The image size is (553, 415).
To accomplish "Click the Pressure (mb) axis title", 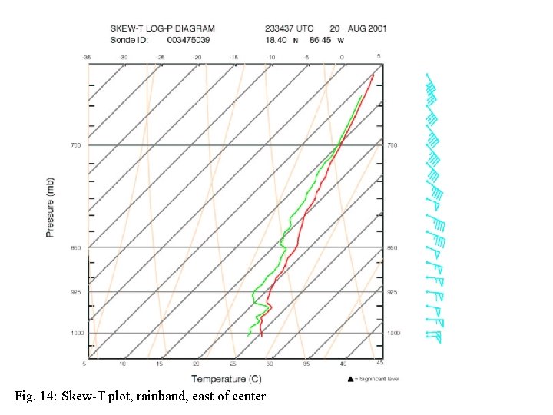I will tap(50, 207).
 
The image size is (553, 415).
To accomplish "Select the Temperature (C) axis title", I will tap(226, 378).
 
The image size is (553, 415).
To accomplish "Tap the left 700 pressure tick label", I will tap(76, 144).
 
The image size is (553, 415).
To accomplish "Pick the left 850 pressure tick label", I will tap(76, 247).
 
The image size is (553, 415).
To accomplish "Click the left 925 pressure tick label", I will tap(76, 292).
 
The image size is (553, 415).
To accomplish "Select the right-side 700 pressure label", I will tap(392, 144).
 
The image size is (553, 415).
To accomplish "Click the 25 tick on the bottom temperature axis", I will tap(233, 363).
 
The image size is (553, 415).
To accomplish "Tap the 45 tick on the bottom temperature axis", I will tap(379, 362).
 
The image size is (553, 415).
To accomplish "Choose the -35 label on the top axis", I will tap(86, 57).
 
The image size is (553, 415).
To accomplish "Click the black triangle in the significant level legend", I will tap(350, 378).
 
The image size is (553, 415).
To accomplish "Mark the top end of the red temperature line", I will tap(373, 74).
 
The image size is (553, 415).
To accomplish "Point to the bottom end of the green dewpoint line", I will tap(248, 335).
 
